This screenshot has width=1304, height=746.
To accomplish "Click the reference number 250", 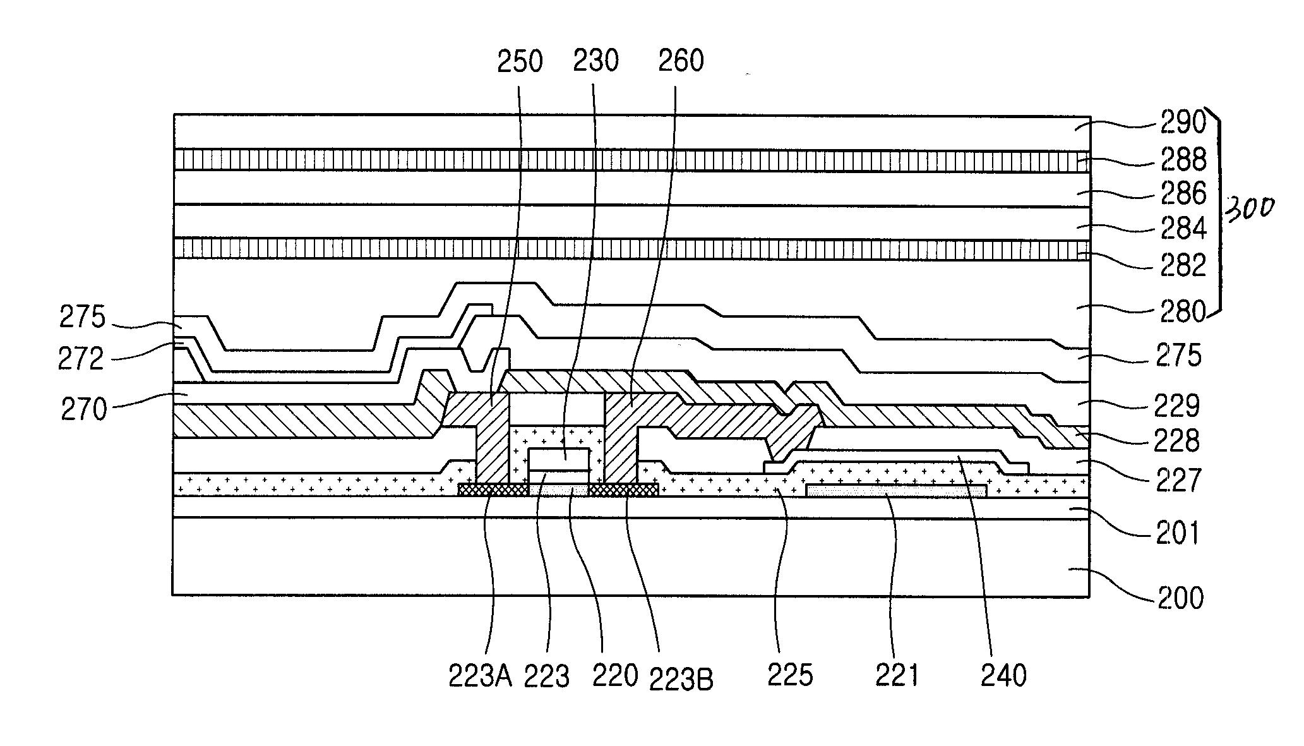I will coord(520,62).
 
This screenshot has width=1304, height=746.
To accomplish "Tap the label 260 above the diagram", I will coord(680,62).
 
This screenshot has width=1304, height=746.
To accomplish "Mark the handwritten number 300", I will coord(1248,208).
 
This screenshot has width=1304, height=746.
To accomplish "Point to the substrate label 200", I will coord(1180,598).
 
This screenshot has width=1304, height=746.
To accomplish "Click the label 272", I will coord(80,359).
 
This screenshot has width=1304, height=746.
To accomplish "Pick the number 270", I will coord(83,409).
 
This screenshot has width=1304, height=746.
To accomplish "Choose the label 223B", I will coord(681,680).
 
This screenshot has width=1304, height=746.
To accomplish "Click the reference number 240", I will coord(1003,675).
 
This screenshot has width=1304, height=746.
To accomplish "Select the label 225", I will coord(789,675).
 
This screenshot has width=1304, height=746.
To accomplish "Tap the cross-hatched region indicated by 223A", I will coord(493,490).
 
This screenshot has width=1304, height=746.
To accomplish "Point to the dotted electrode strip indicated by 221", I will coord(895,490).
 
